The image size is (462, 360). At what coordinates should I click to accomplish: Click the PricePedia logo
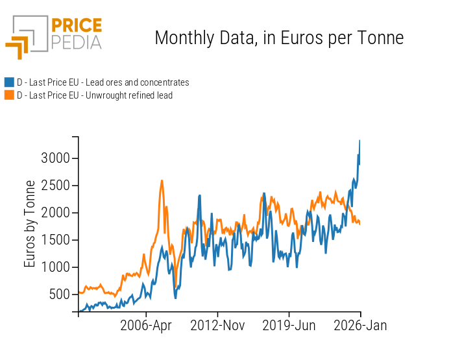pyautogui.click(x=54, y=36)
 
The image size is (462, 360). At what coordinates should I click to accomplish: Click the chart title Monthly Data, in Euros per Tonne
pyautogui.click(x=279, y=38)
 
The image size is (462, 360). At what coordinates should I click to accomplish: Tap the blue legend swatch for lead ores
pyautogui.click(x=9, y=82)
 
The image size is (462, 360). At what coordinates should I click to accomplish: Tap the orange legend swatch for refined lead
pyautogui.click(x=9, y=95)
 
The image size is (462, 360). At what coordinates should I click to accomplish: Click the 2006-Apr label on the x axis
pyautogui.click(x=146, y=326)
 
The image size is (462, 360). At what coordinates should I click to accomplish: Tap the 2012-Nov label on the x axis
pyautogui.click(x=217, y=326)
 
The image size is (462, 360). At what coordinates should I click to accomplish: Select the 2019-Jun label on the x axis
pyautogui.click(x=289, y=326)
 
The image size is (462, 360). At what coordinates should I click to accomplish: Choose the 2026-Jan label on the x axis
pyautogui.click(x=360, y=326)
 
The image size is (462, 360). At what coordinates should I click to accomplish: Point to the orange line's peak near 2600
pyautogui.click(x=162, y=180)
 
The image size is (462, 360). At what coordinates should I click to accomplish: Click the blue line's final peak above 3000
pyautogui.click(x=359, y=141)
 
